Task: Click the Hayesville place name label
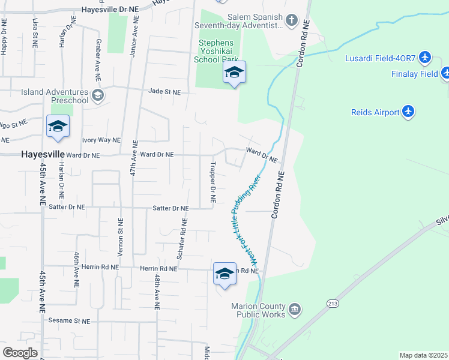(x=43, y=154)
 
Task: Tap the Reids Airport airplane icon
(x=408, y=112)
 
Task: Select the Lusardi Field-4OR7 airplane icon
(x=426, y=58)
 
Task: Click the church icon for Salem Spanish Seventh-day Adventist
(x=291, y=21)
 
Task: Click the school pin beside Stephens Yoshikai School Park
(x=234, y=73)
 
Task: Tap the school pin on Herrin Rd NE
(x=224, y=274)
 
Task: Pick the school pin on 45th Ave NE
(x=58, y=127)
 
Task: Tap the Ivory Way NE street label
(x=101, y=140)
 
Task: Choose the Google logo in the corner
(x=20, y=353)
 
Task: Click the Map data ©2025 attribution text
(x=423, y=355)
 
